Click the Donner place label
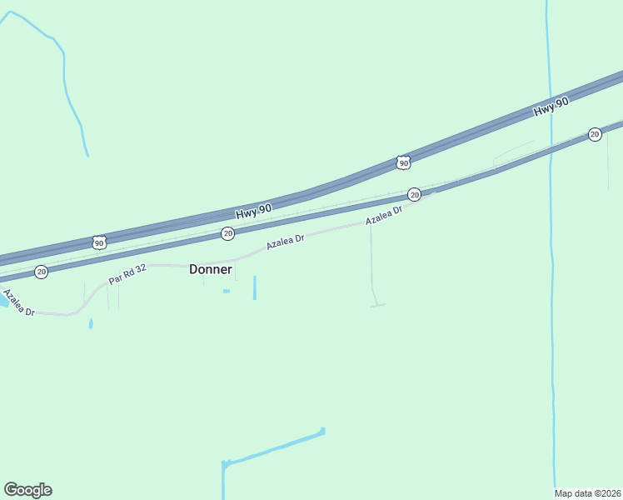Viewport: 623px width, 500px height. pos(210,269)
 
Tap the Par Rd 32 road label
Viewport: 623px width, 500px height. pos(127,274)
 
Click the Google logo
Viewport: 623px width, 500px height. pos(27,490)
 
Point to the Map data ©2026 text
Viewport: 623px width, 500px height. pos(588,492)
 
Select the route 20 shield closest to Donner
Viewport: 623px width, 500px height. pos(227,234)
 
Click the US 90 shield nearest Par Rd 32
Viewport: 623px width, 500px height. pos(99,242)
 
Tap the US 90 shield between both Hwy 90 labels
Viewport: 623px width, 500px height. pos(403,162)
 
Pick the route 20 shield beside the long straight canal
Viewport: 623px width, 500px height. pos(594,134)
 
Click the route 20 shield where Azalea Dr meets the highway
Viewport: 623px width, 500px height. pos(414,195)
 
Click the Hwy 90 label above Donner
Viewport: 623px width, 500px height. pos(254,213)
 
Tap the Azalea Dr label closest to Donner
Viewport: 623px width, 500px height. pos(286,242)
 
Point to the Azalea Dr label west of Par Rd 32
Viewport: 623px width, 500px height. pos(17,302)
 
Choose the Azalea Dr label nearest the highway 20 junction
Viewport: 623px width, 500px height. pos(384,216)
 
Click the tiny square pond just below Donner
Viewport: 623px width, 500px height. pos(226,291)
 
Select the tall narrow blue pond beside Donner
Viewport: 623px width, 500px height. pos(254,287)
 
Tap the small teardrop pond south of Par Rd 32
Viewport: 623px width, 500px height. pos(91,323)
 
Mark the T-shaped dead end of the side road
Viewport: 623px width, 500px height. pos(377,306)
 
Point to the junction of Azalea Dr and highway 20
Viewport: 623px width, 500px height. pos(434,192)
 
